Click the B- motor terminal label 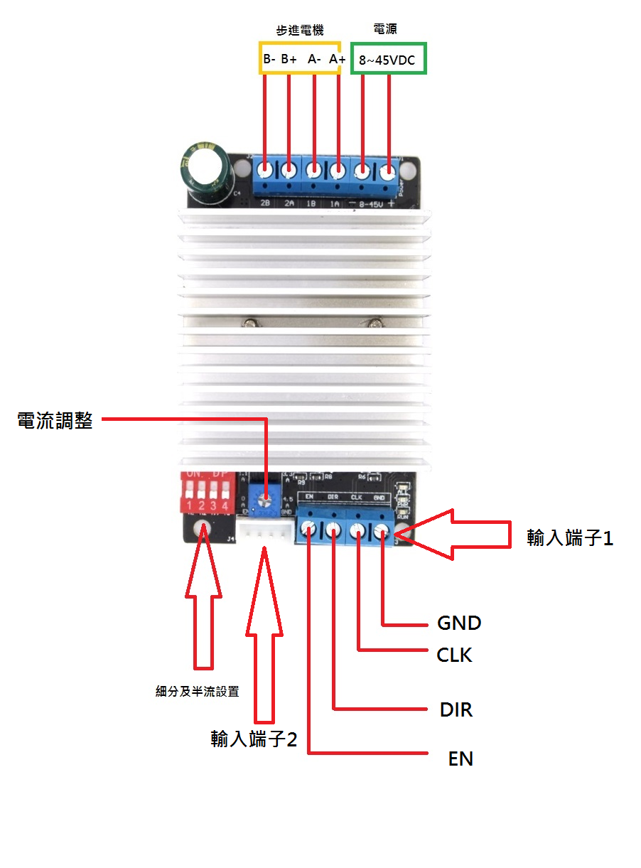pos(269,60)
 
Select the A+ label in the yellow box pos(337,60)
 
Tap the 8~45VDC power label pos(387,60)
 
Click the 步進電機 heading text pos(300,31)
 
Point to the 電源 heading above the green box pos(385,29)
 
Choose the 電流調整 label pos(55,420)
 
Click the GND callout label pos(459,623)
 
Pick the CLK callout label pos(454,655)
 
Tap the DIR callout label pos(456,709)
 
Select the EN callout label pos(460,759)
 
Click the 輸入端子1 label pos(570,538)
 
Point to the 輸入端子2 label pos(254,740)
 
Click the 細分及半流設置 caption pos(198,691)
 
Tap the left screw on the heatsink pos(249,324)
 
